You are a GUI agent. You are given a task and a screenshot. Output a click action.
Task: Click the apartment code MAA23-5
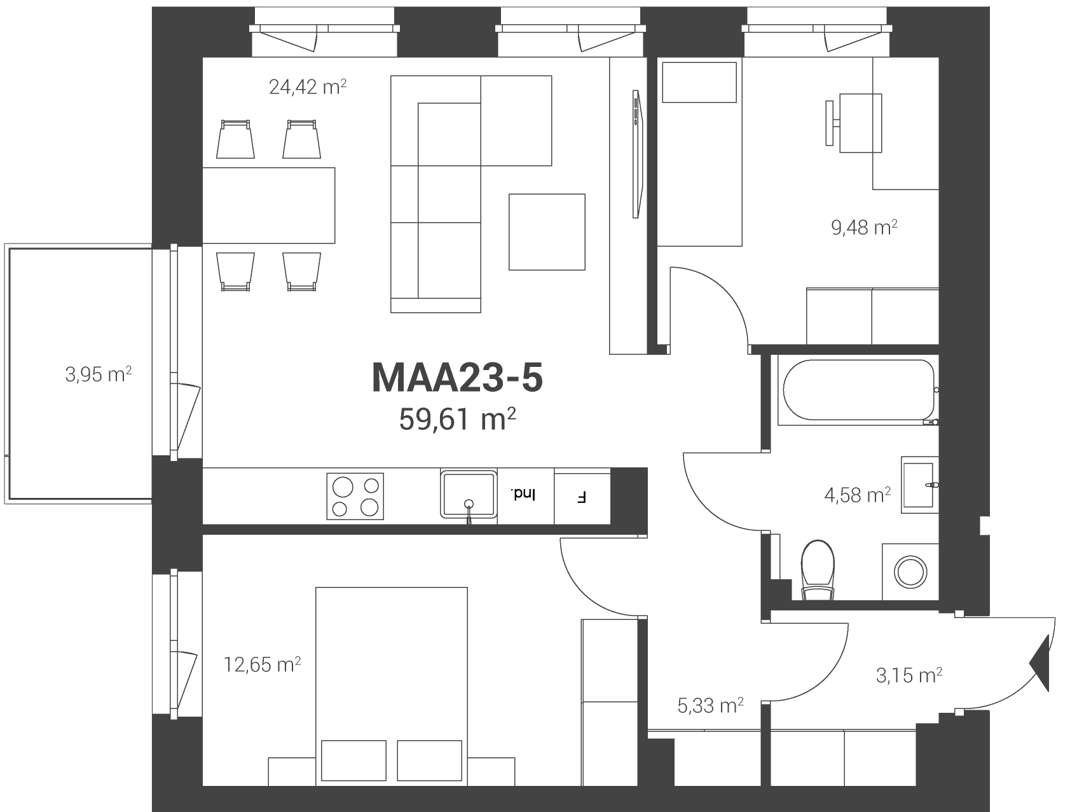(x=457, y=378)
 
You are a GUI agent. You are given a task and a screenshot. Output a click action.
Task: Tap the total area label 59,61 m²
(x=457, y=418)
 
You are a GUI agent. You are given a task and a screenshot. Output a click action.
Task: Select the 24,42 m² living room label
(x=308, y=86)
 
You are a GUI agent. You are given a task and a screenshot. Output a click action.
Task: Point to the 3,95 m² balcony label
(x=99, y=375)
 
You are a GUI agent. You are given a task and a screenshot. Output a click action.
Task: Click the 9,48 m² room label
(x=865, y=227)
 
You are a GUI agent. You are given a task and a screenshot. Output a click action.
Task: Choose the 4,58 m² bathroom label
(x=858, y=495)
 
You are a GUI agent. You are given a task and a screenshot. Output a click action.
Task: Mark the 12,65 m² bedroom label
(x=262, y=664)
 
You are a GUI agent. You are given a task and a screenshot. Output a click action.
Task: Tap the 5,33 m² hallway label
(x=711, y=705)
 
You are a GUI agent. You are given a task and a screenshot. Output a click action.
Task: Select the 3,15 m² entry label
(x=909, y=675)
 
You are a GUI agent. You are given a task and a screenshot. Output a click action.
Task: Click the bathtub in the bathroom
(x=859, y=390)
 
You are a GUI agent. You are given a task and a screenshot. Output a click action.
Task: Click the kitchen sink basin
(x=468, y=494)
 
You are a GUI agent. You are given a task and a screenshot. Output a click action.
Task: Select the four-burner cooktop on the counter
(x=356, y=496)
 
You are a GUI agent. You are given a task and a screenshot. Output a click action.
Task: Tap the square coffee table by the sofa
(x=547, y=232)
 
